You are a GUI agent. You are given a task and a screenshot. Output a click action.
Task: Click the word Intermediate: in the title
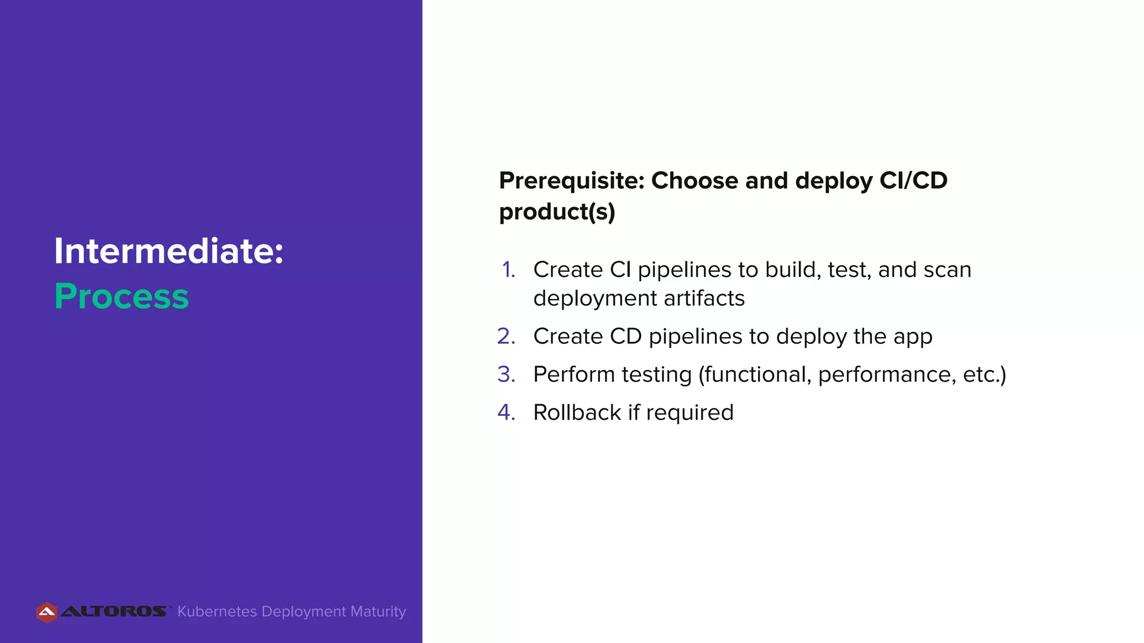[x=169, y=251]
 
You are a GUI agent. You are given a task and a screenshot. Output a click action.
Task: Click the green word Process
[x=122, y=296]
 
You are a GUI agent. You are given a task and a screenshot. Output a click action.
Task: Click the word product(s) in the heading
[x=557, y=212]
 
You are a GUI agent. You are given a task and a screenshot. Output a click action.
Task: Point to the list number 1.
[x=508, y=270]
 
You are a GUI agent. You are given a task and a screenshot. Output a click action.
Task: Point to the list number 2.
[x=506, y=337]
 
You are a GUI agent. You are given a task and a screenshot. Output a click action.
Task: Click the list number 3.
[x=506, y=375]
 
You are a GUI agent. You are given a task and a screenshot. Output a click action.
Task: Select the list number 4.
[x=506, y=412]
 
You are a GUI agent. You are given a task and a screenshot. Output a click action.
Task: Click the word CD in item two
[x=626, y=337]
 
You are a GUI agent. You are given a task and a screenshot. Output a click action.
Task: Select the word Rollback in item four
[x=577, y=412]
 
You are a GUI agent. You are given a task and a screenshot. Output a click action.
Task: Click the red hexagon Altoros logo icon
[x=47, y=612]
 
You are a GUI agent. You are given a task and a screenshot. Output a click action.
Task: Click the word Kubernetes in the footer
[x=217, y=612]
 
